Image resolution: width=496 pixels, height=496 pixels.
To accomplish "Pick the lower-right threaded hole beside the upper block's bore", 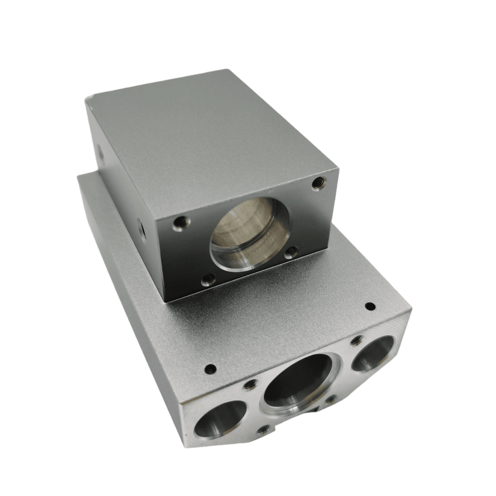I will (x=292, y=251).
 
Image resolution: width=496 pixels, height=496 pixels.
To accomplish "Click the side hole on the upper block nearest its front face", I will (x=142, y=228).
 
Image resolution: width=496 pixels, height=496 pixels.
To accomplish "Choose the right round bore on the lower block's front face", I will (x=373, y=353).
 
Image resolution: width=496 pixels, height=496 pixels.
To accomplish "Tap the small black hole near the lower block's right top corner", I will (x=370, y=306).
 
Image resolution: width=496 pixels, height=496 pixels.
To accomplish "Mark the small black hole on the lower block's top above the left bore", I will (x=210, y=369).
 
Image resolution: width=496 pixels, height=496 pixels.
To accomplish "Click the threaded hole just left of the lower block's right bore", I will (x=356, y=340).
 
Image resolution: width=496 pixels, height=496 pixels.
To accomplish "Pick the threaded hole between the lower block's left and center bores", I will (x=249, y=385).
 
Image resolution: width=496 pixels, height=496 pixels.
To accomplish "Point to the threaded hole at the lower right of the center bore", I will (x=330, y=400).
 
